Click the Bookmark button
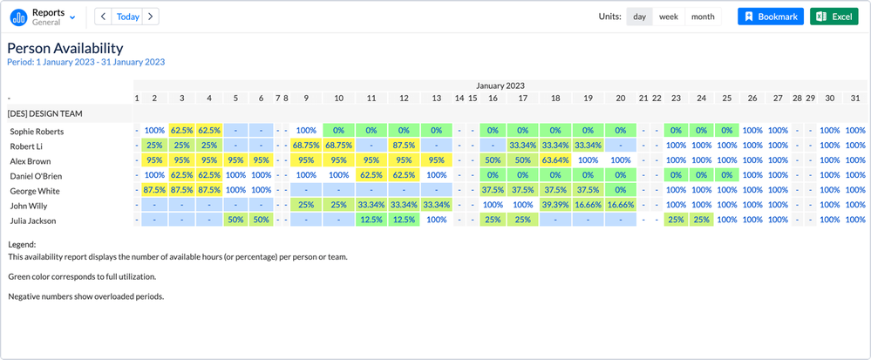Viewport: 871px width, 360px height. (771, 17)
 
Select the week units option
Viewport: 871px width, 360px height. (669, 17)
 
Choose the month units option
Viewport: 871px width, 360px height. (702, 17)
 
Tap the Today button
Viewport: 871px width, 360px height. (127, 17)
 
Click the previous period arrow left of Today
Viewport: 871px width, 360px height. (103, 17)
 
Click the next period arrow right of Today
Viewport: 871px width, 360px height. (151, 17)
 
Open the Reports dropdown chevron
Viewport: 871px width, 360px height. (72, 17)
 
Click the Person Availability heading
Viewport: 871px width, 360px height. (65, 48)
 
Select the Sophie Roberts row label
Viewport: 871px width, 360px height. (37, 131)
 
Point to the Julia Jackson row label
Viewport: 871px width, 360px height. (35, 220)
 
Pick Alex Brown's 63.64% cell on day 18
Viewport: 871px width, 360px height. (555, 160)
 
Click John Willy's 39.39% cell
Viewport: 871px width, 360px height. (555, 205)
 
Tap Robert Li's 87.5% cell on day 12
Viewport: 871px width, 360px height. (403, 146)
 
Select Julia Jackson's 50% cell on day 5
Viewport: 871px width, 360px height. (235, 220)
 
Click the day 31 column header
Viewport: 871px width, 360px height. (855, 98)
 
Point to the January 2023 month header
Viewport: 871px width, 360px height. (500, 85)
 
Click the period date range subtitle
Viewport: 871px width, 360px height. (85, 63)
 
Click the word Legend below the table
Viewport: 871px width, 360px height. (22, 245)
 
